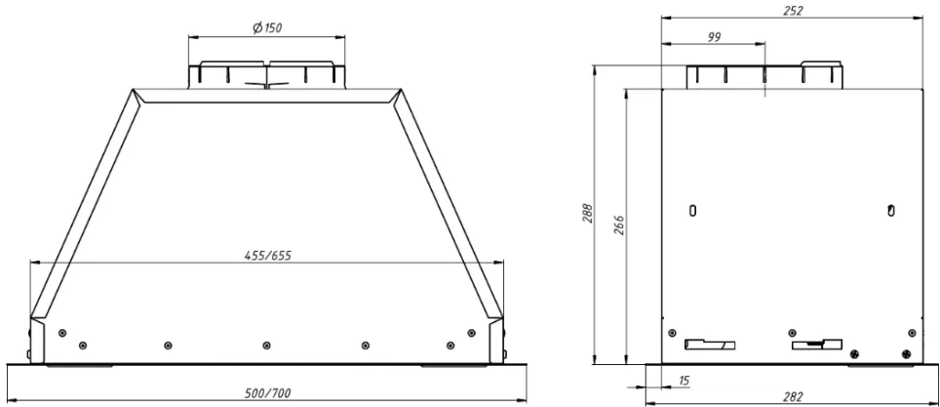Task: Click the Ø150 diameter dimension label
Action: tap(267, 27)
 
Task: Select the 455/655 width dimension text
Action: tap(267, 255)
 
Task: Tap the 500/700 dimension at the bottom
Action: tap(268, 393)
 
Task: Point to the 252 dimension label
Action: tap(793, 10)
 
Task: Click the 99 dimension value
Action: tap(714, 37)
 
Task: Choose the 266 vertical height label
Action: tap(619, 225)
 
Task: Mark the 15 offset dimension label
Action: tap(683, 380)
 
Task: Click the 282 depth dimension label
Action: tap(793, 397)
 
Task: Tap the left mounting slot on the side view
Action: tap(692, 210)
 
